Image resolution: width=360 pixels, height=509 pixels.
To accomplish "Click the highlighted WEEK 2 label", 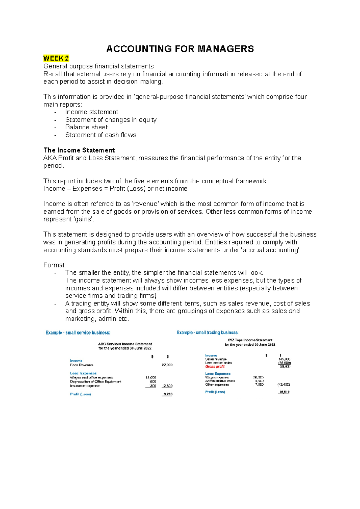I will click(x=56, y=58).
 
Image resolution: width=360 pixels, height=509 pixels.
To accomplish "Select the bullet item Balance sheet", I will click(x=86, y=127).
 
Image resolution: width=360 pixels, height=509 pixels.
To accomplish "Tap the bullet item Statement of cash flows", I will click(x=100, y=135).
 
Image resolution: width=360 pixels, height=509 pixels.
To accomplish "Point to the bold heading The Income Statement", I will click(x=79, y=150).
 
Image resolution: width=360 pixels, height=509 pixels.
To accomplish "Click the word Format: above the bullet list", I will click(x=55, y=265).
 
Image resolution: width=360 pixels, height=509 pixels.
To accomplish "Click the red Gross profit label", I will click(x=215, y=366).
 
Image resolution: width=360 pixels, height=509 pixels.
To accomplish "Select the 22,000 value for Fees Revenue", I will click(x=167, y=365).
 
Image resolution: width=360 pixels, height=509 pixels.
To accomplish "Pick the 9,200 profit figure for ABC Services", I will click(x=168, y=394).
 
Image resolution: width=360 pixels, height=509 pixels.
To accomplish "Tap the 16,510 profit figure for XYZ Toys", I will click(x=284, y=392).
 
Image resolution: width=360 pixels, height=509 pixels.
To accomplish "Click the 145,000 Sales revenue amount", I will click(x=284, y=359).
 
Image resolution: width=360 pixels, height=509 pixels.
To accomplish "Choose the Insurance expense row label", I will click(x=85, y=386).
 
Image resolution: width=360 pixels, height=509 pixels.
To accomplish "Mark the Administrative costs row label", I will click(x=220, y=381).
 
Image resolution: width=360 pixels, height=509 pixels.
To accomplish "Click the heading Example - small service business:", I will click(x=78, y=332).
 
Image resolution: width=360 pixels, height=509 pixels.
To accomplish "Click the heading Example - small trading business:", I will click(x=208, y=332).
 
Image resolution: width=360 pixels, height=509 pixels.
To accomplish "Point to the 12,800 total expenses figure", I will click(x=167, y=386).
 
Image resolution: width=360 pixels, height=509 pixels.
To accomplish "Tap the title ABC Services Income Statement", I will click(x=125, y=344).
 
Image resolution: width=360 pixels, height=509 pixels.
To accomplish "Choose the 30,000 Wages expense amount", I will click(x=258, y=377).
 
